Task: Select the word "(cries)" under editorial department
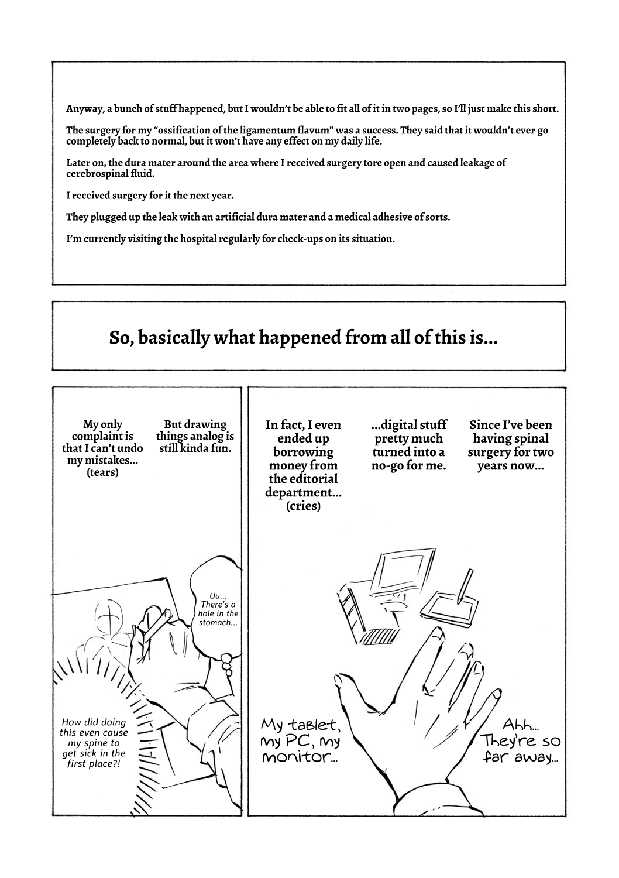pos(303,506)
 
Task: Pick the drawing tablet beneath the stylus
pos(448,606)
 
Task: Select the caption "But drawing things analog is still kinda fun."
pos(195,437)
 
